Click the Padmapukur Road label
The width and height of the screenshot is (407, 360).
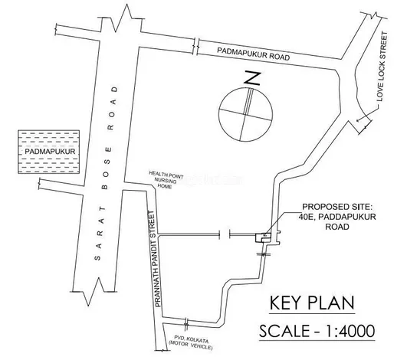click(x=254, y=54)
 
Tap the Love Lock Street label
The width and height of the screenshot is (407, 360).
click(x=382, y=67)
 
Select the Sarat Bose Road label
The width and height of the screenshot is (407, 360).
click(x=107, y=173)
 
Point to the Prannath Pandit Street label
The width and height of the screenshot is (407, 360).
click(x=156, y=259)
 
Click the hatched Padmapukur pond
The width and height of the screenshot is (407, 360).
click(x=48, y=152)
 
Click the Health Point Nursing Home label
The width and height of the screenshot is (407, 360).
click(x=166, y=179)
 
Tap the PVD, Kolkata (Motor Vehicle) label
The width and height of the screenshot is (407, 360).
click(x=191, y=342)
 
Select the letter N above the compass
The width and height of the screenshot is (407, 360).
click(x=252, y=79)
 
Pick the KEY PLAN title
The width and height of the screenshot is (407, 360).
click(x=312, y=303)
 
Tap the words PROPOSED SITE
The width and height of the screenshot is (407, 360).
click(x=337, y=207)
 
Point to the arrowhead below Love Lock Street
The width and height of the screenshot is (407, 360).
click(x=359, y=119)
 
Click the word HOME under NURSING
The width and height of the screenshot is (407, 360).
click(x=165, y=186)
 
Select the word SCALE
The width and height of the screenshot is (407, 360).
click(x=284, y=331)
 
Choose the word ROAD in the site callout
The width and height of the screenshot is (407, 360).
click(x=337, y=227)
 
